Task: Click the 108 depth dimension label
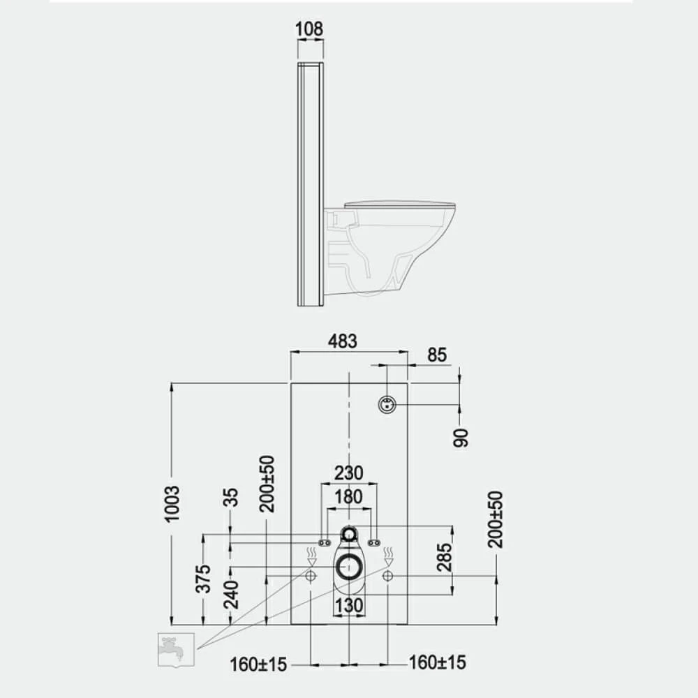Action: [x=309, y=29]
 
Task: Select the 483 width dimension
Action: [x=343, y=341]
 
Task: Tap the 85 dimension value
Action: [x=437, y=355]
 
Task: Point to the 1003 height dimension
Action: [x=172, y=503]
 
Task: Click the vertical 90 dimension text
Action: [x=461, y=438]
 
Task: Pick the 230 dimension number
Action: [x=348, y=473]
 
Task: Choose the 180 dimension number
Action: [x=348, y=497]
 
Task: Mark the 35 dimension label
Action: [x=231, y=497]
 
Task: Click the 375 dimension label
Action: [x=203, y=579]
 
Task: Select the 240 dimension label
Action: [x=231, y=595]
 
